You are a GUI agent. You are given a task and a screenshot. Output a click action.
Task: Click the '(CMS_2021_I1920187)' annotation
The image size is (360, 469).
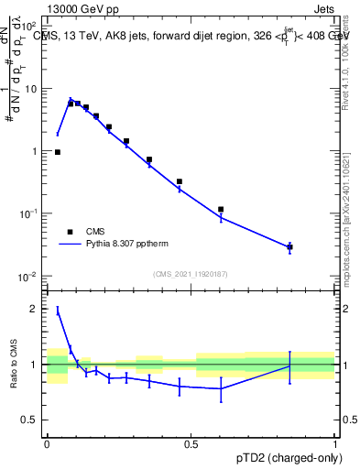click(x=190, y=274)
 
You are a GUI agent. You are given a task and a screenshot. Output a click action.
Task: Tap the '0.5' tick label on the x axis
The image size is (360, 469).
click(x=191, y=442)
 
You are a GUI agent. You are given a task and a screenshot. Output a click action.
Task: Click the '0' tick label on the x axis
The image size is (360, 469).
click(x=47, y=442)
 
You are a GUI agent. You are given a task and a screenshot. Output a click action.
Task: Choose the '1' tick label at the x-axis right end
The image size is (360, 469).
click(x=335, y=442)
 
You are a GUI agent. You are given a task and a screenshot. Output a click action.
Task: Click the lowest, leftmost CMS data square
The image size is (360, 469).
click(x=58, y=152)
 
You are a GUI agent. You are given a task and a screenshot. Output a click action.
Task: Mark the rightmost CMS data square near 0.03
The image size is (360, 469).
click(x=289, y=246)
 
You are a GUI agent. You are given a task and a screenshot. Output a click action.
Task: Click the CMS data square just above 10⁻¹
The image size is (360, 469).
click(x=221, y=209)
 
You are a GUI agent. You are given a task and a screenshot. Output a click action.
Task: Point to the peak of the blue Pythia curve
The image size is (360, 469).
click(x=71, y=99)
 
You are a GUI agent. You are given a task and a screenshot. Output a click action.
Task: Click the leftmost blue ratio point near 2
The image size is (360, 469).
click(x=58, y=311)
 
